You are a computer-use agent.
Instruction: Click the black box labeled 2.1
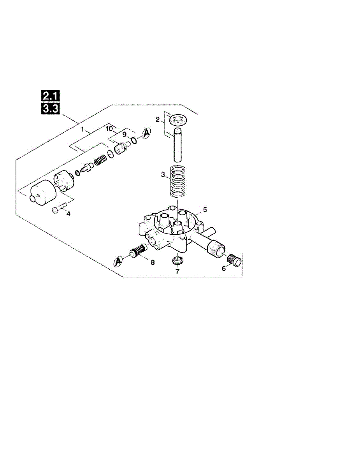50,96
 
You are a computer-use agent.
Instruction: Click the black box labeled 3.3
50,109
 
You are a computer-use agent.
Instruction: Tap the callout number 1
82,129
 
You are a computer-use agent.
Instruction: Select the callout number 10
109,128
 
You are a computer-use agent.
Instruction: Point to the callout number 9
124,135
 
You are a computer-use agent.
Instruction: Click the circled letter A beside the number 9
146,133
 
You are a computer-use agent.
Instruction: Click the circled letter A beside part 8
118,262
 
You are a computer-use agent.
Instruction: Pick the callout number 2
158,119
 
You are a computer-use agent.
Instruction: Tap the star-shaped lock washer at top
178,120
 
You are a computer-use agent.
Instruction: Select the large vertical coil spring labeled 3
177,181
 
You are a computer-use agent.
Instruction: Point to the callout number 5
205,209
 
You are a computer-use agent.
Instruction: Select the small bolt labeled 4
59,208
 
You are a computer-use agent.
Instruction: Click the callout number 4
68,214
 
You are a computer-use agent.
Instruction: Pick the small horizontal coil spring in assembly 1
100,160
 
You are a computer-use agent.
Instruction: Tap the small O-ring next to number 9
134,141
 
